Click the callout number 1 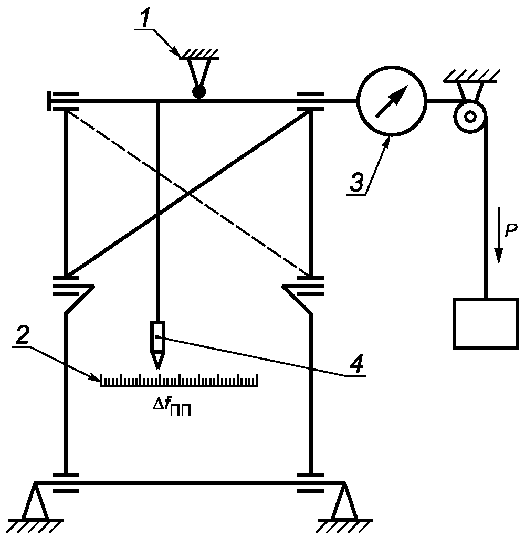tap(145, 19)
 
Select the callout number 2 tap(22, 336)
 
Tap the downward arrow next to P tap(499, 235)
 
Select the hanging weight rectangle tap(486, 323)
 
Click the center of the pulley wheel tap(470, 117)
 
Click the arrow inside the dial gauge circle tap(392, 101)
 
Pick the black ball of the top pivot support tap(199, 92)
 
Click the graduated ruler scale tap(179, 381)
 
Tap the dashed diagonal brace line tap(188, 193)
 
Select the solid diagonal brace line tap(188, 193)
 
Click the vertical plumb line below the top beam tap(157, 212)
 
